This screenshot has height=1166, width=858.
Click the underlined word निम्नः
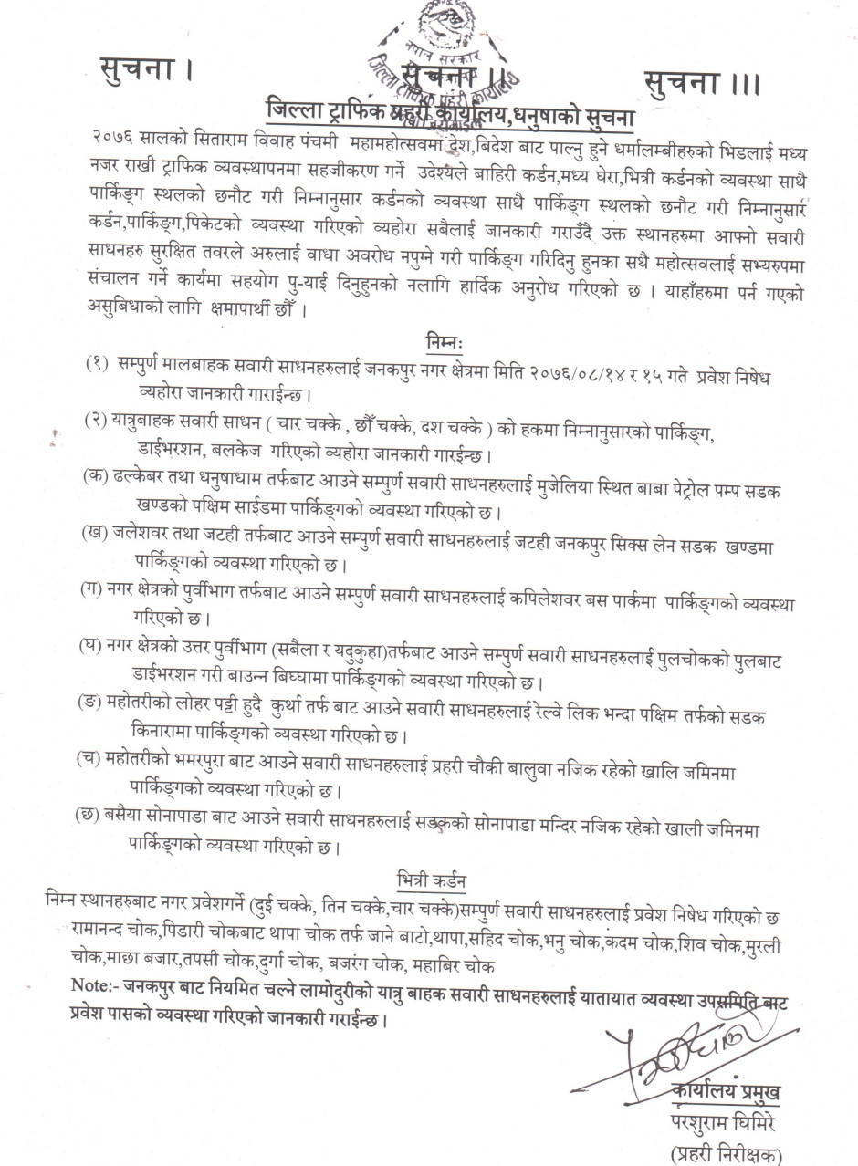(x=445, y=341)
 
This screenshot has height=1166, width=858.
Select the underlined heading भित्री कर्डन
(x=433, y=880)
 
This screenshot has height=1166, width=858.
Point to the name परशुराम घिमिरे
(x=724, y=1120)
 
